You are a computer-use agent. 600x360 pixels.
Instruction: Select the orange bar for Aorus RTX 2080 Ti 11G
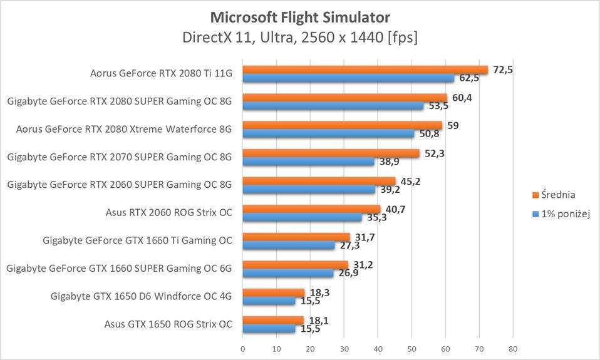[x=365, y=70]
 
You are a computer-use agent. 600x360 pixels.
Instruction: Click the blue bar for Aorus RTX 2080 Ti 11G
[x=348, y=78]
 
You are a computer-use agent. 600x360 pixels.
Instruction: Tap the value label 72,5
[x=503, y=69]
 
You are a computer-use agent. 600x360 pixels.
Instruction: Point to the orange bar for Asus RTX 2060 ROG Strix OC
[x=311, y=209]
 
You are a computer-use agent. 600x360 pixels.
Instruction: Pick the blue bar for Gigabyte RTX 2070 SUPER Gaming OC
[x=308, y=162]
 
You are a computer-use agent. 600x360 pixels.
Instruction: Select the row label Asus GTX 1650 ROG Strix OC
[x=168, y=324]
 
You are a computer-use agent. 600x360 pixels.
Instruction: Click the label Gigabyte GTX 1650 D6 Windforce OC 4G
[x=142, y=296]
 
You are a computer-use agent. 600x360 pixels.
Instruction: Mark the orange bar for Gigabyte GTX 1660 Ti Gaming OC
[x=296, y=237]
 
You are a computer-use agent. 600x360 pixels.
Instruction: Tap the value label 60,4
[x=462, y=97]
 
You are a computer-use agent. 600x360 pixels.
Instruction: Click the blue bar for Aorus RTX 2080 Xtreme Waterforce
[x=328, y=133]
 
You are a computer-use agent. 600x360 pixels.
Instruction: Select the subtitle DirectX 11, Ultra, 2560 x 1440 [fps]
[x=300, y=37]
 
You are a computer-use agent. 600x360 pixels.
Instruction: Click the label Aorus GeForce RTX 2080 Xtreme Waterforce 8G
[x=124, y=129]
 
